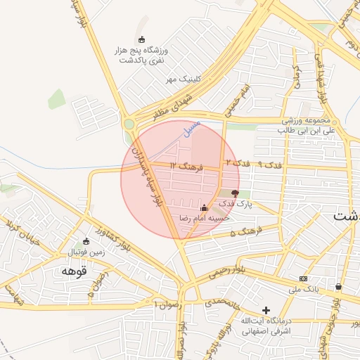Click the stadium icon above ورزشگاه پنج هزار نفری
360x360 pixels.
[x=143, y=39]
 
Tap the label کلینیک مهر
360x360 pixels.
[x=183, y=79]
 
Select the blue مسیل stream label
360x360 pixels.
[x=190, y=129]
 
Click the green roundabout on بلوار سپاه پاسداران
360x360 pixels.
[x=129, y=124]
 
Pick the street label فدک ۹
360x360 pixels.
[x=269, y=164]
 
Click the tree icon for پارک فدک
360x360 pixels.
[x=235, y=193]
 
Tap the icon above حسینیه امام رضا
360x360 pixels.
[x=205, y=208]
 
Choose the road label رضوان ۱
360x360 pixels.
[x=167, y=304]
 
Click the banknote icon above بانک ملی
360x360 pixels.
[x=303, y=279]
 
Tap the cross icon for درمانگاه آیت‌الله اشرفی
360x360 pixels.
[x=266, y=310]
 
